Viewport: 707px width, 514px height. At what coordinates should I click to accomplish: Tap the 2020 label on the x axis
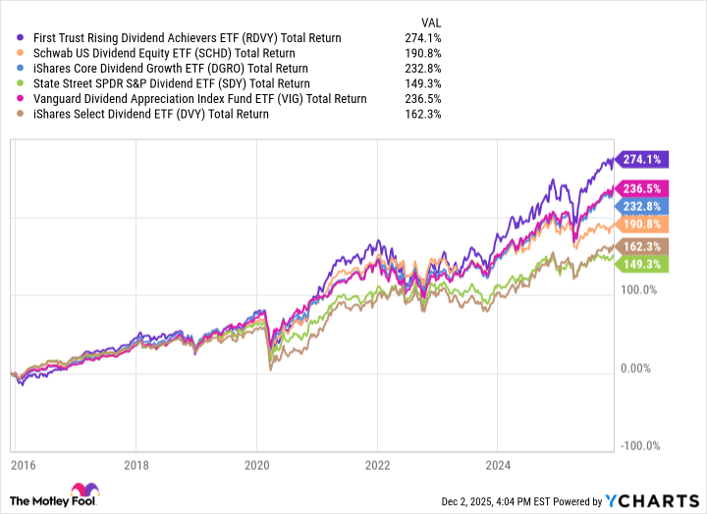[x=256, y=464]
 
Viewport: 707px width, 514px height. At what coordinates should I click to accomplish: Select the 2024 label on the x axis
[x=499, y=464]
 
